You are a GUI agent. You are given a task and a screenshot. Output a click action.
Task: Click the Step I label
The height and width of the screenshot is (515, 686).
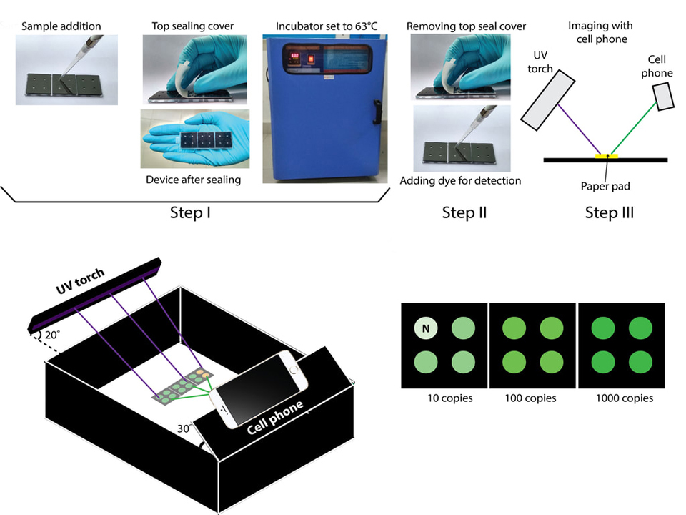pos(190,212)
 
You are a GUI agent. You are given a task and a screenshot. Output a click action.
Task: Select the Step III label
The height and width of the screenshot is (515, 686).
pos(609,212)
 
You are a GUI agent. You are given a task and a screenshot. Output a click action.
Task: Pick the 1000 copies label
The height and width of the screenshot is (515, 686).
pos(624,398)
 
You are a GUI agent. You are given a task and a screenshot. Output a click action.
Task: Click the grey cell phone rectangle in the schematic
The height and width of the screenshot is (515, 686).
pos(665,96)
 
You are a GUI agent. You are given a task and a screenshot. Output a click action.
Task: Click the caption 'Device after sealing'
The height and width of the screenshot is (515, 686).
pos(193,180)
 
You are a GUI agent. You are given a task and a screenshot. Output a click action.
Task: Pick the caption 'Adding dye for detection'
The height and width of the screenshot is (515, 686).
pos(461,180)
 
